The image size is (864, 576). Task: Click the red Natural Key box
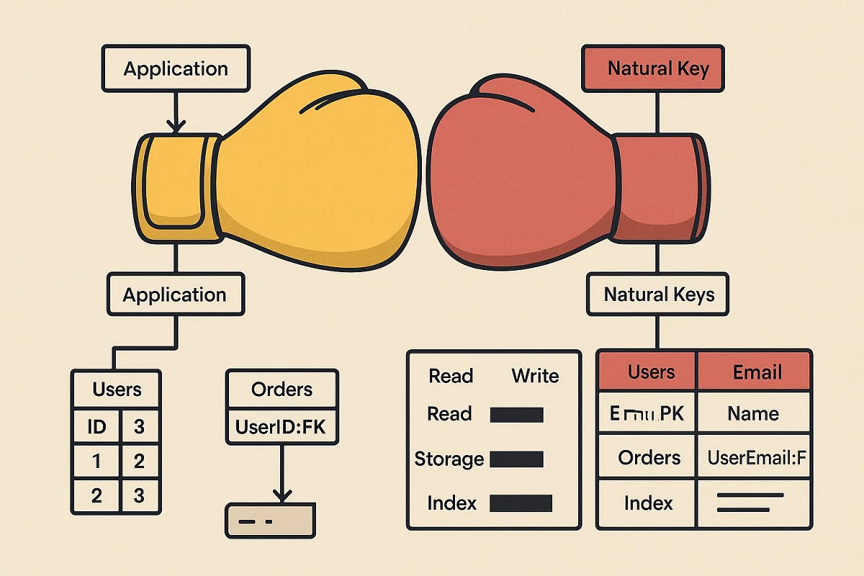[x=652, y=69]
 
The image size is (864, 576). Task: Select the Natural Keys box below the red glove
[x=659, y=294]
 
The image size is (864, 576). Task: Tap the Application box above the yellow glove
[x=176, y=69]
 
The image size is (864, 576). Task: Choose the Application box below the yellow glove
[x=175, y=294]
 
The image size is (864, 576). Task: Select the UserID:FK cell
[x=281, y=428]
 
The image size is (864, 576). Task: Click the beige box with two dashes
[x=270, y=520]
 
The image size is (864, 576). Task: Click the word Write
[x=535, y=376]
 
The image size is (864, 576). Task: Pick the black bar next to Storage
[x=516, y=459]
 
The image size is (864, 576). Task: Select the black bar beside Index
[x=521, y=503]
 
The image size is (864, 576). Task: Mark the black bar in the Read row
[x=516, y=414]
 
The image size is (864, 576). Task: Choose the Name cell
[x=753, y=413]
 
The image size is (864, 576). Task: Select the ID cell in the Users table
[x=96, y=427]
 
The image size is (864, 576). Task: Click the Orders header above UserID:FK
[x=282, y=390]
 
